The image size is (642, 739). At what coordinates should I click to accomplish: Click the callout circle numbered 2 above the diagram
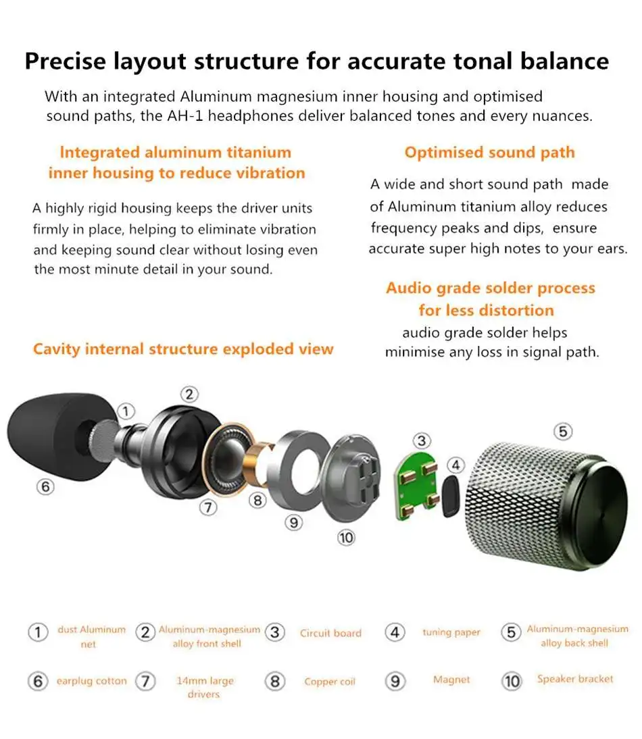(190, 394)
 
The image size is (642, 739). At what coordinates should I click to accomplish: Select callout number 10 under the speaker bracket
(346, 537)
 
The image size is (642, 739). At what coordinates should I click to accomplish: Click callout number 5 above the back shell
(562, 430)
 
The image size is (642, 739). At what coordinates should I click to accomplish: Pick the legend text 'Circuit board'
(330, 633)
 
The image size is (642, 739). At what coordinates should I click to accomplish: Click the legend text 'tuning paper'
(451, 632)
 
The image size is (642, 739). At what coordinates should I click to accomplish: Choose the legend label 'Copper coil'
(330, 682)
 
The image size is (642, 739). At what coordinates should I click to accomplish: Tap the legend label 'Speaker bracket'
(575, 679)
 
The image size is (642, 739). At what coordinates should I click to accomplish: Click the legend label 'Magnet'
(451, 680)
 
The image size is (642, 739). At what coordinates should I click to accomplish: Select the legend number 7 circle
(145, 681)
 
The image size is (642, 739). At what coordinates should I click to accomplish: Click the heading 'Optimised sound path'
(489, 152)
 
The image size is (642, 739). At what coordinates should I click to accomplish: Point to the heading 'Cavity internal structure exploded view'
(183, 349)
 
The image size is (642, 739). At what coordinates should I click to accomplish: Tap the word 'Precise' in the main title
(66, 61)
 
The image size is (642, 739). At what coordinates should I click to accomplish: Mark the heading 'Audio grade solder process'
(491, 288)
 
